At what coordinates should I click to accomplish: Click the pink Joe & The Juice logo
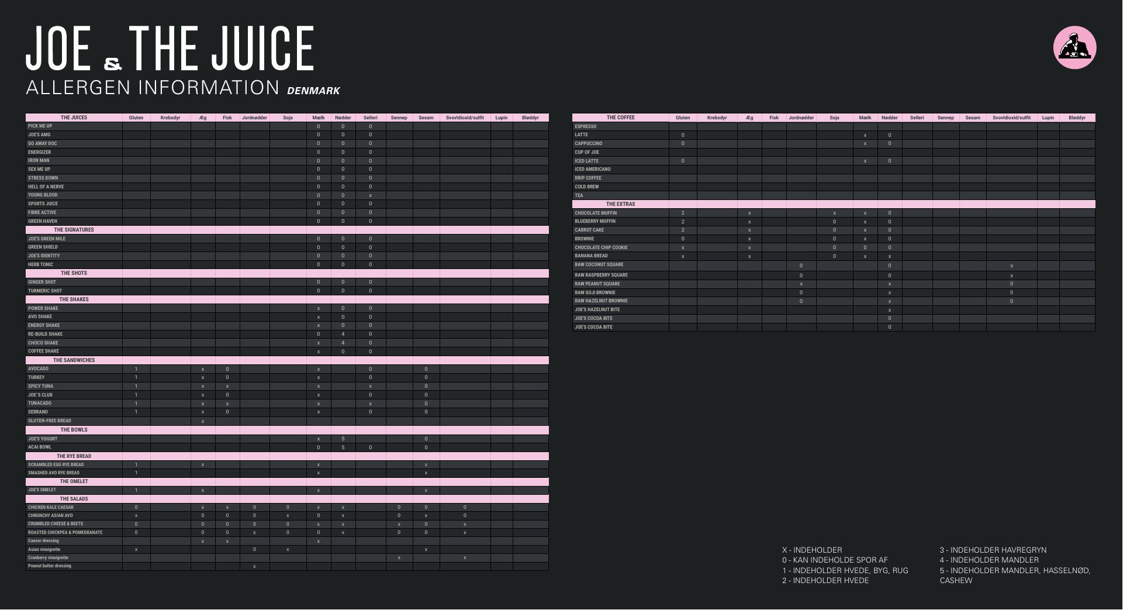[1074, 47]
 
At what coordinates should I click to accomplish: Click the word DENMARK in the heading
[313, 91]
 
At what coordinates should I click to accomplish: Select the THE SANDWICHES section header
[74, 360]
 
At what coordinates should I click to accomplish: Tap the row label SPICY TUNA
[40, 386]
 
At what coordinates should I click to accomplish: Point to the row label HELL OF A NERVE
[46, 187]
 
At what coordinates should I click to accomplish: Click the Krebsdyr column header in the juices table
[170, 118]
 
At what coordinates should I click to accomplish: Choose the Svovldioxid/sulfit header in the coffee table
[1011, 118]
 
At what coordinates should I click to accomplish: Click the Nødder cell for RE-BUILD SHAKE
[343, 334]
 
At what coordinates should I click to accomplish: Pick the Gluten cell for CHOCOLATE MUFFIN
[683, 213]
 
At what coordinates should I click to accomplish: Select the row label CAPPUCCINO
[588, 143]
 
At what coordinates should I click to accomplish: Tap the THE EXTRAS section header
[620, 204]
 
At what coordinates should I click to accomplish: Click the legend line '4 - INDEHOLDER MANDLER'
[989, 560]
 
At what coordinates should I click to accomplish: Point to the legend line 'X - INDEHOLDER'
[812, 550]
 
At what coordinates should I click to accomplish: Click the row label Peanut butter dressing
[50, 566]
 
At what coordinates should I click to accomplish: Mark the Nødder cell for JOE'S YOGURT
[343, 439]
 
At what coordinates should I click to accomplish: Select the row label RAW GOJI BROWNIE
[595, 292]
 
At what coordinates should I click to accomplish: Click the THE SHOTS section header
[74, 273]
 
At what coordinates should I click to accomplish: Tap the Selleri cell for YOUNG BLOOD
[370, 195]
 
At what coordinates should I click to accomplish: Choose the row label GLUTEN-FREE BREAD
[50, 421]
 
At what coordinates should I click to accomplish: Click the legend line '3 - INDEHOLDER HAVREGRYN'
[993, 550]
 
